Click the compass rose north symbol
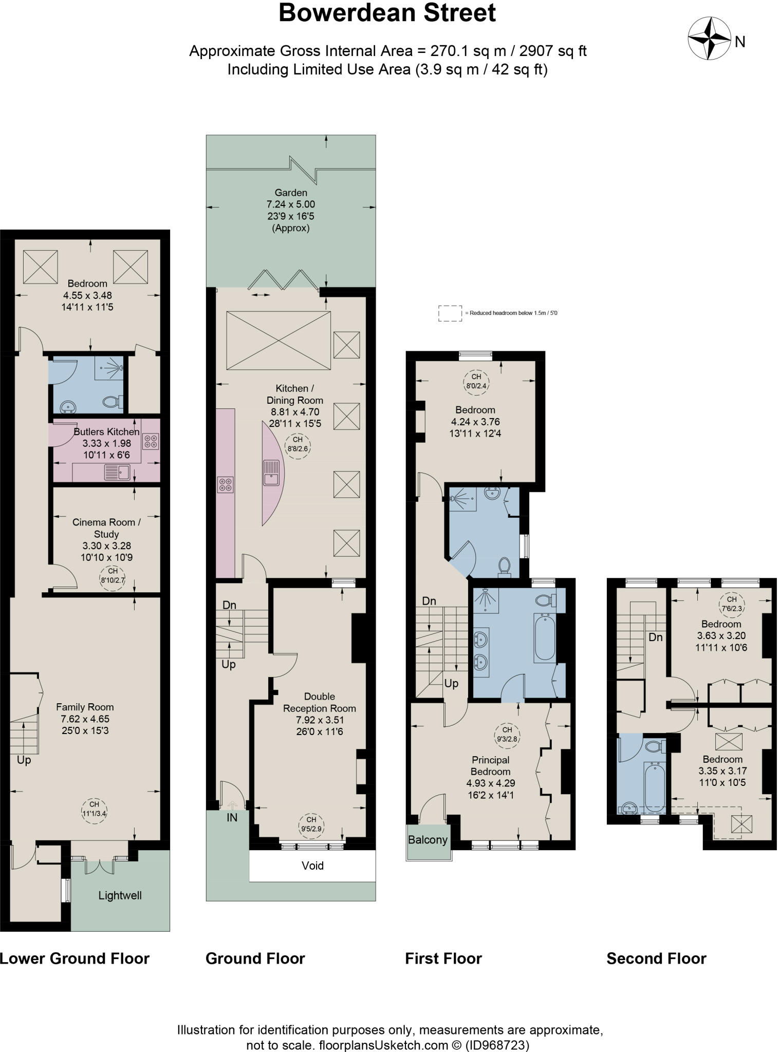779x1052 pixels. pyautogui.click(x=709, y=39)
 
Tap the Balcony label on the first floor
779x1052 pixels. pyautogui.click(x=428, y=840)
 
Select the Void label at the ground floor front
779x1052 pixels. pyautogui.click(x=312, y=866)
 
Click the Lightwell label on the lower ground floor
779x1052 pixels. pyautogui.click(x=120, y=895)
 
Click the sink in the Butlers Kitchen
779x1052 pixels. pyautogui.click(x=117, y=472)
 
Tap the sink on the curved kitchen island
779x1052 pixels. pyautogui.click(x=271, y=472)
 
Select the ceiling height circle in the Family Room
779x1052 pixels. pyautogui.click(x=94, y=809)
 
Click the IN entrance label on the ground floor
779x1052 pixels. pyautogui.click(x=232, y=817)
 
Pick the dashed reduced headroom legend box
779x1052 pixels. pyautogui.click(x=450, y=313)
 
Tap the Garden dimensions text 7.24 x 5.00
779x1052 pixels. pyautogui.click(x=291, y=204)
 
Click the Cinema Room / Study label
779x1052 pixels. pyautogui.click(x=106, y=528)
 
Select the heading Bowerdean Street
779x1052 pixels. pyautogui.click(x=387, y=13)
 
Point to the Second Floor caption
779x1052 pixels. pyautogui.click(x=656, y=959)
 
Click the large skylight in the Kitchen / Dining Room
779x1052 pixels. pyautogui.click(x=279, y=340)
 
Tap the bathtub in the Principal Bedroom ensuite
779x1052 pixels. pyautogui.click(x=545, y=637)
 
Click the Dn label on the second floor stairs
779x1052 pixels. pyautogui.click(x=655, y=637)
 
